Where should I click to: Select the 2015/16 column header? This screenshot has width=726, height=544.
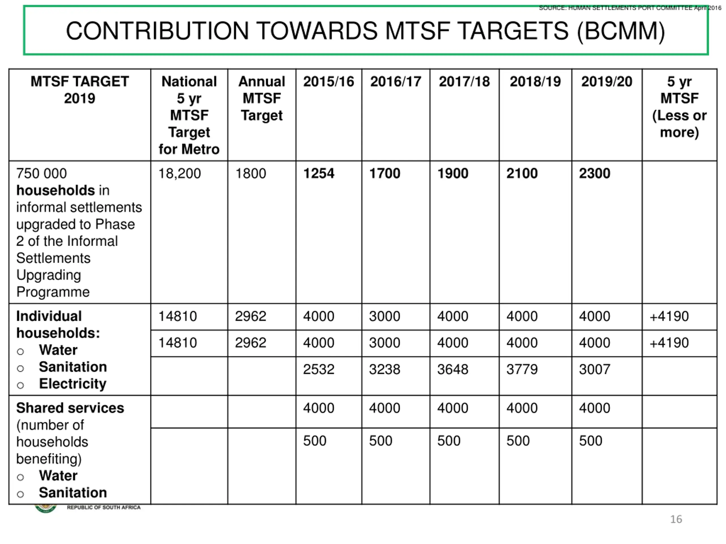tap(328, 82)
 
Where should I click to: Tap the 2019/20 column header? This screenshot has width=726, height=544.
tap(607, 82)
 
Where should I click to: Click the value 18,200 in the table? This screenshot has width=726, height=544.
tap(179, 173)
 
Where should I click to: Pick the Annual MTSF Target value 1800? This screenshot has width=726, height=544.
tap(250, 173)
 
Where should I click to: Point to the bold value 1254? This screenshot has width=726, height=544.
tap(318, 173)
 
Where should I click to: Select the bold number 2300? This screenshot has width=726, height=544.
tap(594, 173)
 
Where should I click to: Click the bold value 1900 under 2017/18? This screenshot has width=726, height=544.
tap(453, 173)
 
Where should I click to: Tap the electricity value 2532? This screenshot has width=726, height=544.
tap(318, 369)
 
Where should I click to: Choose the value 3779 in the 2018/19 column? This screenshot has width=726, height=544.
tap(522, 369)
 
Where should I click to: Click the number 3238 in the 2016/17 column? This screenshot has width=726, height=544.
tap(384, 369)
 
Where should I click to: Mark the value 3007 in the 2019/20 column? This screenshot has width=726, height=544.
tap(594, 369)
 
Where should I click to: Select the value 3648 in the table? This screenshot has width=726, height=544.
tap(453, 369)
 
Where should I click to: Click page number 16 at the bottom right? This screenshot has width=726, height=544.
tap(676, 519)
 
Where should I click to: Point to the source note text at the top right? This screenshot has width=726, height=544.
tap(630, 8)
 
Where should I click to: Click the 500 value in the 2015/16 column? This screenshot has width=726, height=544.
tap(315, 441)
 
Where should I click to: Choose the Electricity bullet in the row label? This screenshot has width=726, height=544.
tap(73, 384)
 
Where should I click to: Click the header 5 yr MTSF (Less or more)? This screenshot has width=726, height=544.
tap(679, 107)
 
